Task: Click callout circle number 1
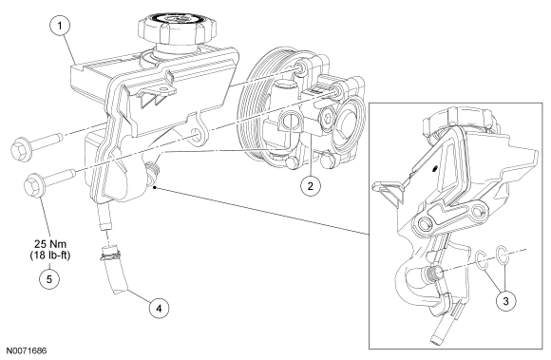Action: coord(60,26)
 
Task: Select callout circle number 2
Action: coord(310,185)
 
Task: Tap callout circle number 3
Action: coord(505,301)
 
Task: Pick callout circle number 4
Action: coord(159,309)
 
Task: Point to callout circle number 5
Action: coord(49,279)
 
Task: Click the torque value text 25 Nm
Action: coord(50,243)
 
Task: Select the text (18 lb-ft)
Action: coord(50,256)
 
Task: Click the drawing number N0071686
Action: coord(27,351)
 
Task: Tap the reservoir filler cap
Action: coord(175,29)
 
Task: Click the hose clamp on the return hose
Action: coord(110,255)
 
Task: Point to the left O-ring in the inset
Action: coord(482,260)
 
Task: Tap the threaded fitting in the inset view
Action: coord(432,273)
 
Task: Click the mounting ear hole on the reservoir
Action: coord(196,136)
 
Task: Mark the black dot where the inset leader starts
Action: coord(155,187)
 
